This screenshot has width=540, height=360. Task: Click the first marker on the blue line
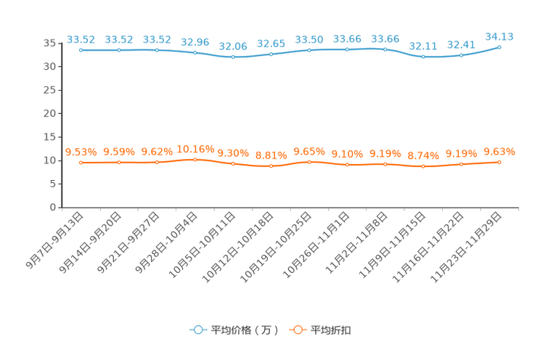tap(81, 50)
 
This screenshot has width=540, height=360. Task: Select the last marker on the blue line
tap(499, 46)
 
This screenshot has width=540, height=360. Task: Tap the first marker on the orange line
tap(81, 163)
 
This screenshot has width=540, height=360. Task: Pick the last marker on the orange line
tap(499, 162)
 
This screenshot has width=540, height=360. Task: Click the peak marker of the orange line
tap(195, 159)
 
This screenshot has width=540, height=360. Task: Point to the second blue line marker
tap(118, 50)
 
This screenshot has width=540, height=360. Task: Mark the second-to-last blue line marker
tap(461, 55)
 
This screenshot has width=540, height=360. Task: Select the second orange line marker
tap(118, 163)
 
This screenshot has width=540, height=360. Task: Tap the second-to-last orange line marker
tap(461, 164)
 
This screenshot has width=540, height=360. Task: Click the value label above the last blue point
tap(499, 36)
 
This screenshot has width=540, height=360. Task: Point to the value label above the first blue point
tap(81, 38)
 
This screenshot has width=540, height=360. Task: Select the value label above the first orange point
tap(81, 152)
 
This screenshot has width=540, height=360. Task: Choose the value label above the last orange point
tap(499, 152)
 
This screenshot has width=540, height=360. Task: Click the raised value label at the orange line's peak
tap(195, 148)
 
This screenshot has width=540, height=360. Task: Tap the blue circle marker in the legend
tap(197, 330)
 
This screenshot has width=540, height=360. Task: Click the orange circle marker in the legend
tap(296, 330)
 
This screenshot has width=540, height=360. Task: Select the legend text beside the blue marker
tap(244, 330)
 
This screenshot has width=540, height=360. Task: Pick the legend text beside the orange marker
tap(332, 330)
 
